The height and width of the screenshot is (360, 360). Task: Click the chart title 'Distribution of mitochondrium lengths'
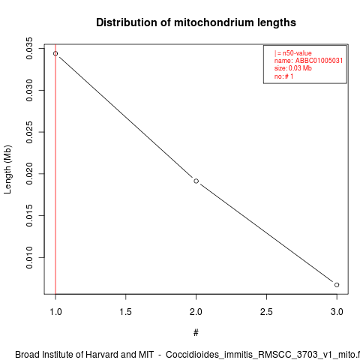[196, 22]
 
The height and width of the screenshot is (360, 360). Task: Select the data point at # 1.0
[55, 53]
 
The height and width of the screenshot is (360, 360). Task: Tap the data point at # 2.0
[196, 181]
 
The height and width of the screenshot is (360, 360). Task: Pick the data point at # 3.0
[337, 285]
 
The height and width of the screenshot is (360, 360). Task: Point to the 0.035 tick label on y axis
[29, 49]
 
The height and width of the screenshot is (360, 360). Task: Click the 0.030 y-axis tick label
[29, 90]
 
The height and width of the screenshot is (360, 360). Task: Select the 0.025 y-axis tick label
[29, 132]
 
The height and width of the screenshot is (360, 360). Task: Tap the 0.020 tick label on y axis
[29, 174]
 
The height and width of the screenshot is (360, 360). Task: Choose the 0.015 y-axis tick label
[29, 215]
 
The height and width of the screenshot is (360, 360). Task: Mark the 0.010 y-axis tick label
[29, 257]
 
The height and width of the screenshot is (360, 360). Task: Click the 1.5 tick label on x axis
[125, 312]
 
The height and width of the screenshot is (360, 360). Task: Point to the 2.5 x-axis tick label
[266, 312]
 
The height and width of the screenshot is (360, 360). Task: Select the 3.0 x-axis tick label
[337, 312]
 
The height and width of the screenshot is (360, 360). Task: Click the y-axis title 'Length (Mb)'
[7, 169]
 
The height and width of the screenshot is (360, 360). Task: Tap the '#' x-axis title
[196, 333]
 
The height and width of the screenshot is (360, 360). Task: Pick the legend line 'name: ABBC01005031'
[308, 61]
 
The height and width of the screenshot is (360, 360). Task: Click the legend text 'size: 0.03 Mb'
[293, 68]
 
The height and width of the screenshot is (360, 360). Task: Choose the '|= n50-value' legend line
[293, 53]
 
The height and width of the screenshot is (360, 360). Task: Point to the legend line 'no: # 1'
[283, 76]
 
